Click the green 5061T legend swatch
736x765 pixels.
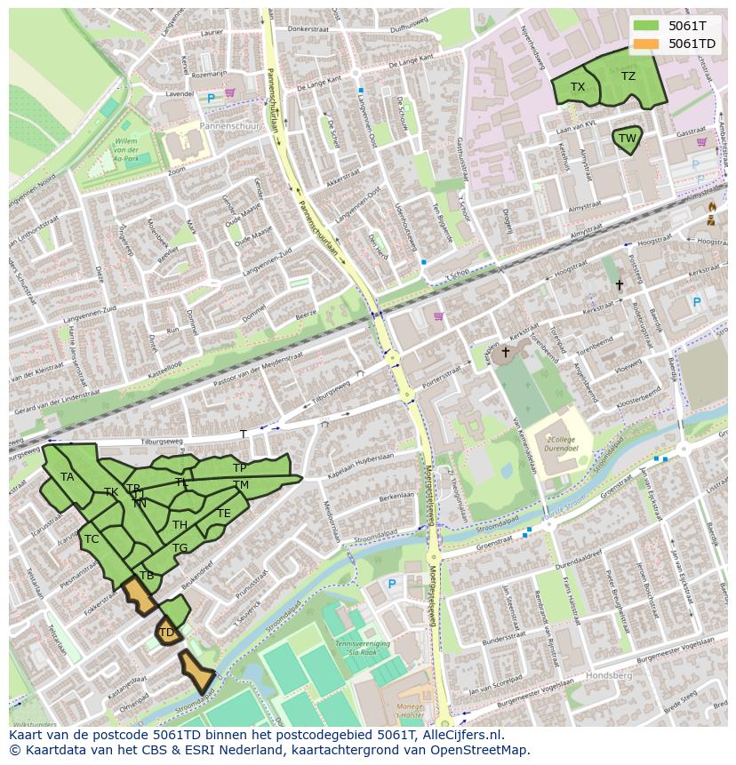tap(646, 26)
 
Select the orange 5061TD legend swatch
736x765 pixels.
tap(646, 44)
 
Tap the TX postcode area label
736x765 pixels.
tap(578, 87)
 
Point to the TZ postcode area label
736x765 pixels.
tap(628, 76)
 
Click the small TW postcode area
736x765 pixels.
tap(628, 139)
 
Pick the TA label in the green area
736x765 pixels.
tap(68, 477)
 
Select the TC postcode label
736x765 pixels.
tap(92, 539)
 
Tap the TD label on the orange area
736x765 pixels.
tap(165, 633)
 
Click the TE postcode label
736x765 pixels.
tap(224, 514)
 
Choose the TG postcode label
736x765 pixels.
tap(180, 548)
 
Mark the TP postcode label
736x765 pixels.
tap(239, 467)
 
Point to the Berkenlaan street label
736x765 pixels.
tap(396, 497)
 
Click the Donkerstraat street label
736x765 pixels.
tap(308, 29)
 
